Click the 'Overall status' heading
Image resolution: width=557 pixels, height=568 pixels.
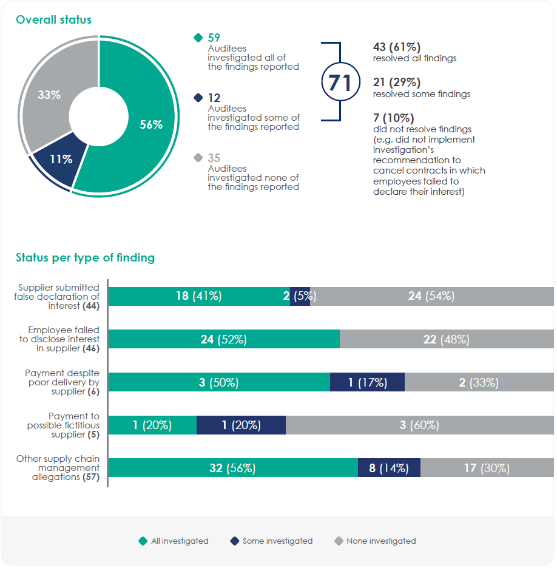(54, 19)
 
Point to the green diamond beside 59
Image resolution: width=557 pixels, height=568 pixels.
(197, 38)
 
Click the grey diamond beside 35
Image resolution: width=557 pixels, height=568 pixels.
(197, 158)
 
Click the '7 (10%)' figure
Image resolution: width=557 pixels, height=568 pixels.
(394, 118)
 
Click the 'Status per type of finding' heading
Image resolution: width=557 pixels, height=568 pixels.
(85, 258)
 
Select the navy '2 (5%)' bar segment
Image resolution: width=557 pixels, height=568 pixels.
(300, 296)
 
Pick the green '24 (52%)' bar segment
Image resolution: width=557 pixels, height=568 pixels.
(223, 339)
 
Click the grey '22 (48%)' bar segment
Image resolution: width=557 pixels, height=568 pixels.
(446, 339)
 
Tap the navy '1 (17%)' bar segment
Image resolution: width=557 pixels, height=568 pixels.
(367, 382)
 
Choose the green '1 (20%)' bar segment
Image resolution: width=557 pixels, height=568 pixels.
(152, 425)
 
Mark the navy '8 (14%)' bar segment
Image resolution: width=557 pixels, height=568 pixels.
(389, 468)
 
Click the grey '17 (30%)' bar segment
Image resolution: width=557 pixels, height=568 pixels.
(487, 468)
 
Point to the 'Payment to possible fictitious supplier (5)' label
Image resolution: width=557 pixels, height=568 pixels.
(63, 425)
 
